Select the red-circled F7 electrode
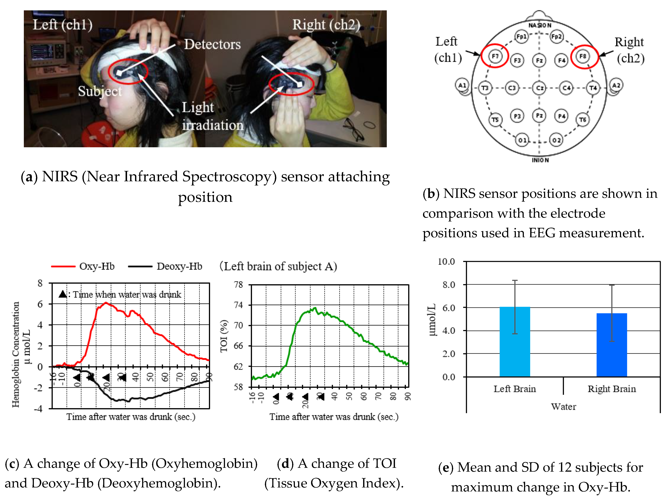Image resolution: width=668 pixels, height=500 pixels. (495, 56)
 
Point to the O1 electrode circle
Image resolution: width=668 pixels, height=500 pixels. (522, 140)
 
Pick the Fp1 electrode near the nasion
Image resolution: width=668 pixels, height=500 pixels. (521, 37)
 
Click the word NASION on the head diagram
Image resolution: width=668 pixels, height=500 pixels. (540, 25)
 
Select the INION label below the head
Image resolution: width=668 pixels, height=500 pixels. (540, 160)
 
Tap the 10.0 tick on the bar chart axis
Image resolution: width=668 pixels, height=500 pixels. (446, 262)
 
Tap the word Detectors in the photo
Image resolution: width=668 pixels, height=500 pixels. (212, 44)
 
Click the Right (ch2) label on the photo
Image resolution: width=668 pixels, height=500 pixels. (326, 25)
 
